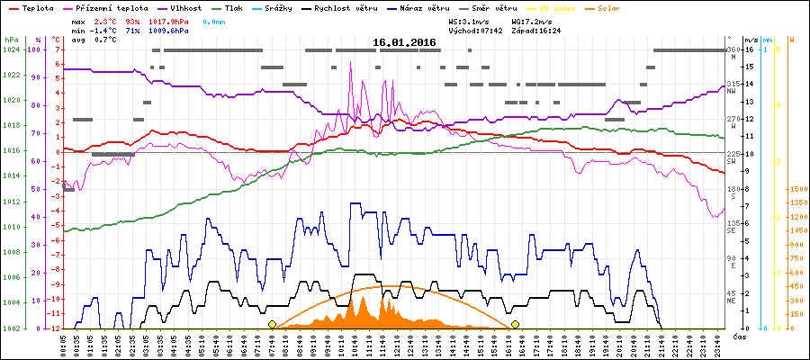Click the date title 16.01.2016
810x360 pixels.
pyautogui.click(x=404, y=42)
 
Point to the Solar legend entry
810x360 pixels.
pyautogui.click(x=620, y=8)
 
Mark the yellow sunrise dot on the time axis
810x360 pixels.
pyautogui.click(x=272, y=324)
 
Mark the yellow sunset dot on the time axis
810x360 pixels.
pyautogui.click(x=516, y=324)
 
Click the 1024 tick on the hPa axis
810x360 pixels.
pyautogui.click(x=11, y=49)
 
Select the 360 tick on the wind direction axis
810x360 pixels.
pyautogui.click(x=733, y=49)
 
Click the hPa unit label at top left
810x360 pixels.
pyautogui.click(x=10, y=40)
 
